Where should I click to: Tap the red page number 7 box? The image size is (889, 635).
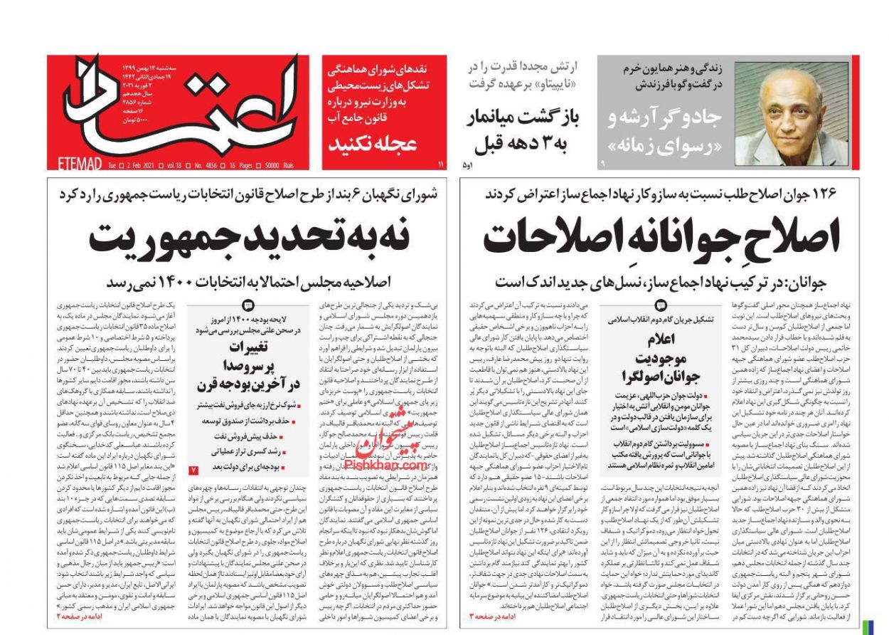tap(194, 469)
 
